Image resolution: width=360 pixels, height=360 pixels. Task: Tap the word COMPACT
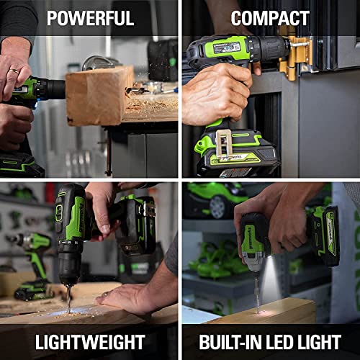pyautogui.click(x=270, y=18)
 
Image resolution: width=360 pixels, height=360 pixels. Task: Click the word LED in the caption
pyautogui.click(x=284, y=342)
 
